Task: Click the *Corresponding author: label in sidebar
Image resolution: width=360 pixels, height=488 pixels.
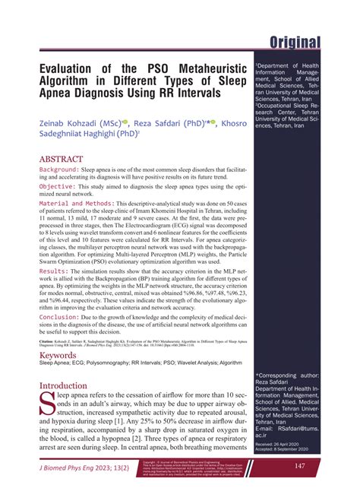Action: [286, 376]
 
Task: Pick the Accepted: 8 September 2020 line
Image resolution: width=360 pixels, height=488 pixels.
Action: [286, 448]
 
